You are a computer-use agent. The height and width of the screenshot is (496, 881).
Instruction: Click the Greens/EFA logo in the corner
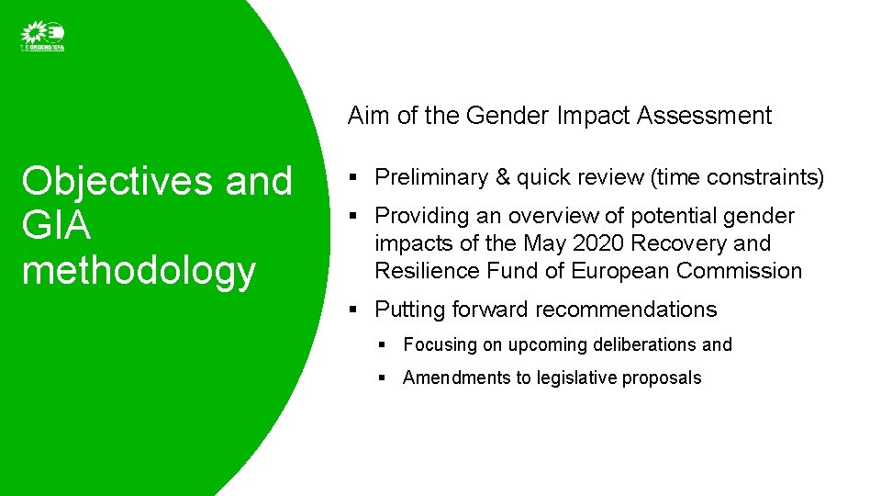click(42, 37)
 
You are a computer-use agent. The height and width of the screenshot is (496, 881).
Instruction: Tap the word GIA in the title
click(55, 226)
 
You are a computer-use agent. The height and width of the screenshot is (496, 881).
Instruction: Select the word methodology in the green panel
click(138, 271)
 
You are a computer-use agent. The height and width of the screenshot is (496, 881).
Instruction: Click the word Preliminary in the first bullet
click(431, 177)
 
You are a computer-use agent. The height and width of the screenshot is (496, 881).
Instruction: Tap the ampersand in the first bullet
click(502, 177)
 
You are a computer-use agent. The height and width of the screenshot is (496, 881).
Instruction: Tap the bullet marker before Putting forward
click(353, 310)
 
